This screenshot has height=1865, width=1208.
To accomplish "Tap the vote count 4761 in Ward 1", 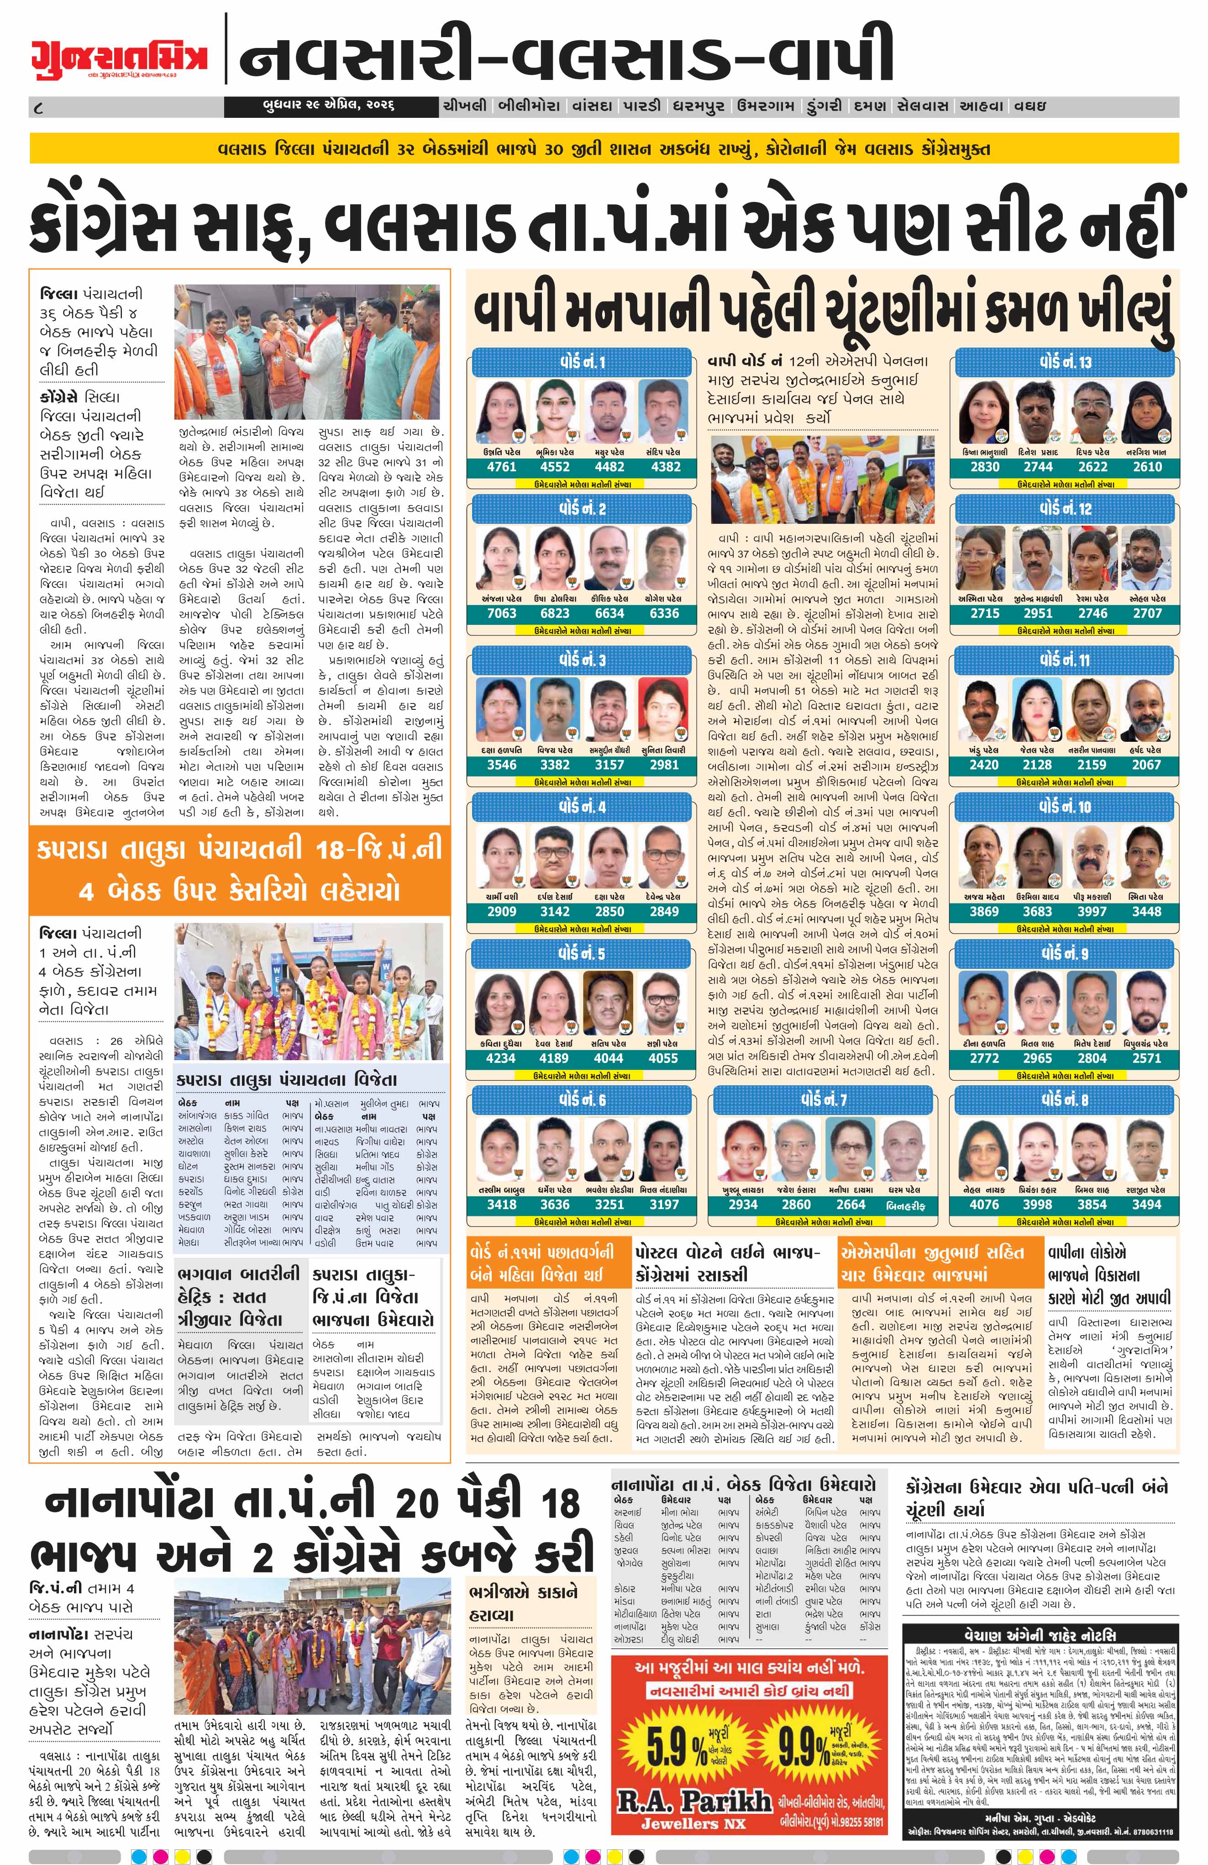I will click(x=501, y=467).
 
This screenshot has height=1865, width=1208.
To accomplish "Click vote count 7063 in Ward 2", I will click(x=501, y=613).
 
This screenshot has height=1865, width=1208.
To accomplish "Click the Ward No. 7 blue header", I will click(x=823, y=1101).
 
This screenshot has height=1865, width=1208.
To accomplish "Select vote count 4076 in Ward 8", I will click(x=984, y=1205).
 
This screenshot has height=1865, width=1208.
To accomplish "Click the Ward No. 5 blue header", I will click(x=581, y=954).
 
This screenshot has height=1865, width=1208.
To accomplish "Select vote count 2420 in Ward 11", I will click(x=984, y=765).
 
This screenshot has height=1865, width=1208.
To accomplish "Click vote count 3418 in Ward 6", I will click(x=501, y=1205).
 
